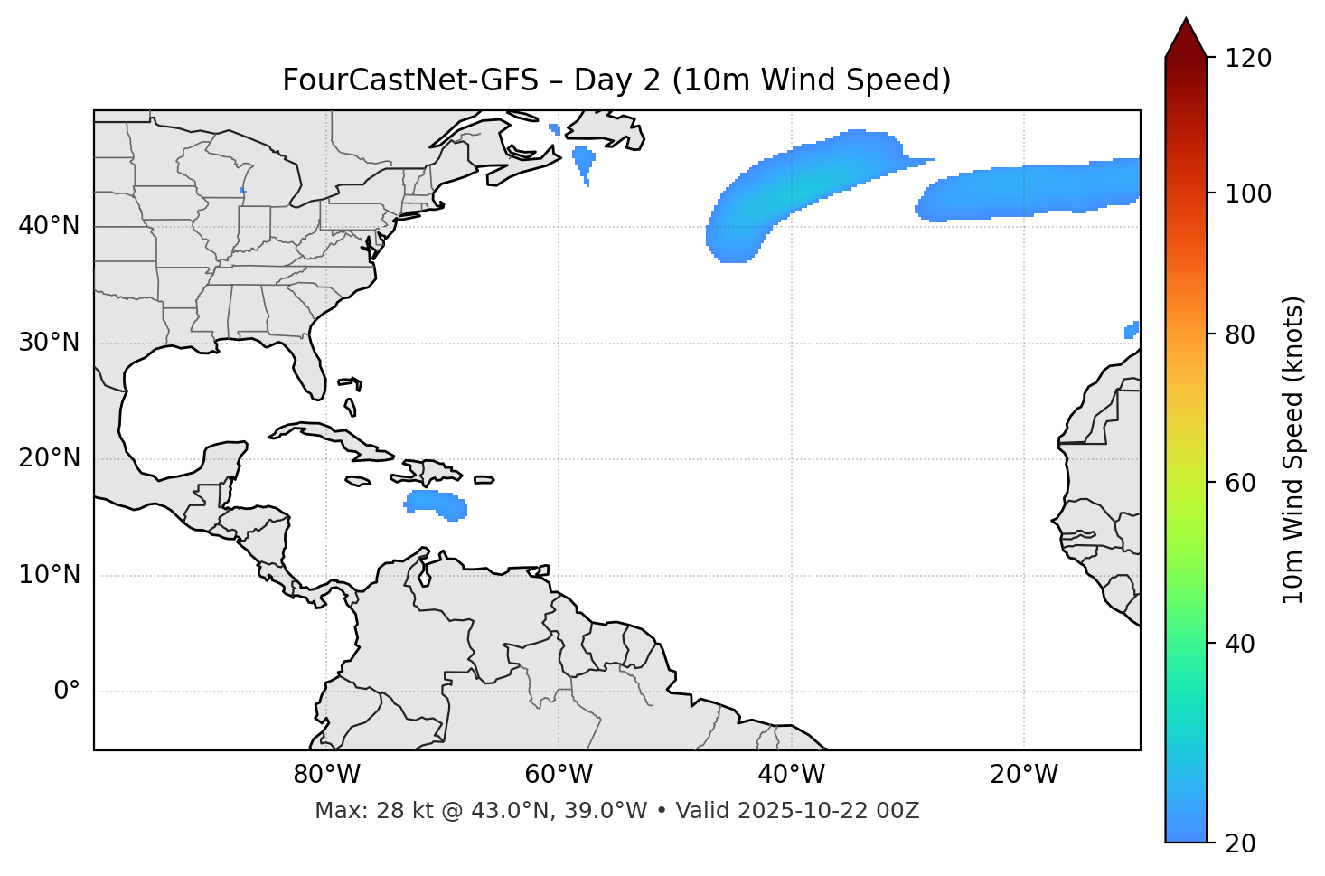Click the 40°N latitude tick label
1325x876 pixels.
click(x=49, y=226)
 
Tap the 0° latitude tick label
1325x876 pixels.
click(x=66, y=692)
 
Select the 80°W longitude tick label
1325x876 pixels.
click(x=326, y=775)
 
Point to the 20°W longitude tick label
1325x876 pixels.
click(x=1024, y=775)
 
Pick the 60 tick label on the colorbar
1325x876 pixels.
click(x=1245, y=483)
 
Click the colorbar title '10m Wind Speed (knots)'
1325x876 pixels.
click(x=1293, y=449)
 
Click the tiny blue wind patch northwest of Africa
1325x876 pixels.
click(x=1132, y=330)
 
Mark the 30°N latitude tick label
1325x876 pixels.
click(x=49, y=343)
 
